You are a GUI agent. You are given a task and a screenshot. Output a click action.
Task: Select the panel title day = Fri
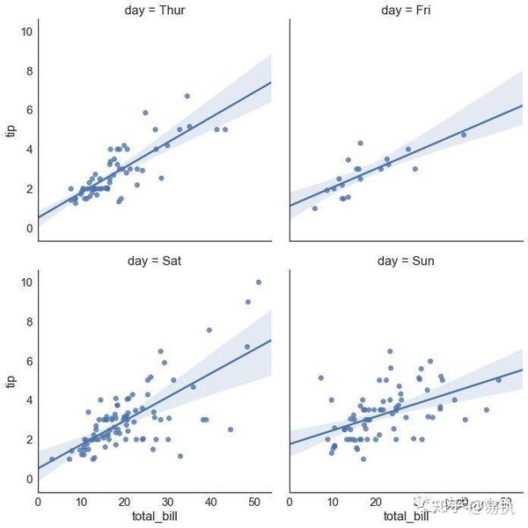(x=406, y=11)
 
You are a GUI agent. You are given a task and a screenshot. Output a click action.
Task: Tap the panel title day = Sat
(x=154, y=261)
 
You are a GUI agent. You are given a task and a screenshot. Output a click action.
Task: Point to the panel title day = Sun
(x=406, y=261)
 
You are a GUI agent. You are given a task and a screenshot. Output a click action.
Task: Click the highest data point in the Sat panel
(x=258, y=282)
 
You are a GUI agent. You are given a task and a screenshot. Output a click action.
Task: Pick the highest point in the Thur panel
(x=187, y=96)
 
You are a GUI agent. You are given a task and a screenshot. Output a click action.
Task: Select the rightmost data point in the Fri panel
(x=463, y=135)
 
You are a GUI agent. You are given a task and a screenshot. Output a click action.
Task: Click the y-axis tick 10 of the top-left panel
(x=27, y=32)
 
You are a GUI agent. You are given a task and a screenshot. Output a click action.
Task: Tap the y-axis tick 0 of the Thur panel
(x=30, y=229)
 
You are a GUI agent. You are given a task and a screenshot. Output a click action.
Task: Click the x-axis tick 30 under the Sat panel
(x=167, y=501)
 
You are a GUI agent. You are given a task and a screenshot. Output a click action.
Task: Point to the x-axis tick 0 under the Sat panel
(x=38, y=501)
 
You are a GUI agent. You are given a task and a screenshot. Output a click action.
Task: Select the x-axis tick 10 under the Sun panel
(x=333, y=501)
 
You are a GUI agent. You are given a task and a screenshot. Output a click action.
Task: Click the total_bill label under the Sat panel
(x=155, y=516)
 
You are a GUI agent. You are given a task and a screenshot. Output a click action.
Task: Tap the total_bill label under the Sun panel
(x=406, y=516)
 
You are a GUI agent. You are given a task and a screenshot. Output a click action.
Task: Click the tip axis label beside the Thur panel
(x=11, y=130)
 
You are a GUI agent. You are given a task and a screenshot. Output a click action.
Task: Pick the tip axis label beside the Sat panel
(x=11, y=381)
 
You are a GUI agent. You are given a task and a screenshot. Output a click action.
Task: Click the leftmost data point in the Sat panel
(x=51, y=459)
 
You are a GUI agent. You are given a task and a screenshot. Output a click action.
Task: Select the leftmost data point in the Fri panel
(x=314, y=208)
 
